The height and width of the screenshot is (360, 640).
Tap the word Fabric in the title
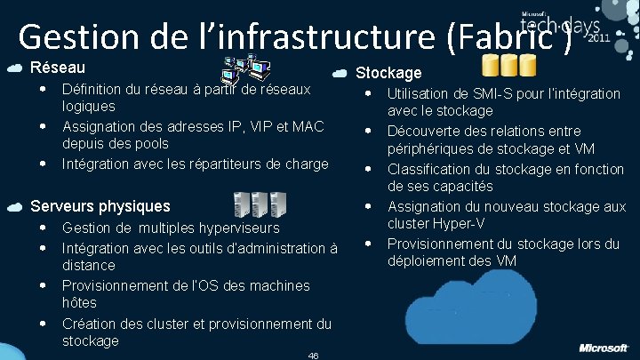click(x=508, y=36)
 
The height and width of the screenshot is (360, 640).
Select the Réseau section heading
click(x=58, y=68)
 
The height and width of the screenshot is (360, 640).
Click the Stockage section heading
click(x=388, y=73)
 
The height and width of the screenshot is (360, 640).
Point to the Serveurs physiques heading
click(x=100, y=206)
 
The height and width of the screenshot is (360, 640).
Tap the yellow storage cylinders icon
click(x=508, y=66)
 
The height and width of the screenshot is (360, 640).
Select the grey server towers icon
click(x=260, y=204)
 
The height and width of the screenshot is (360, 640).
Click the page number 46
click(x=313, y=355)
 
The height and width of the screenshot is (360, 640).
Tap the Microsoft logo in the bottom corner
click(x=604, y=347)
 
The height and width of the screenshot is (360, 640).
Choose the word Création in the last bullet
click(x=89, y=324)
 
